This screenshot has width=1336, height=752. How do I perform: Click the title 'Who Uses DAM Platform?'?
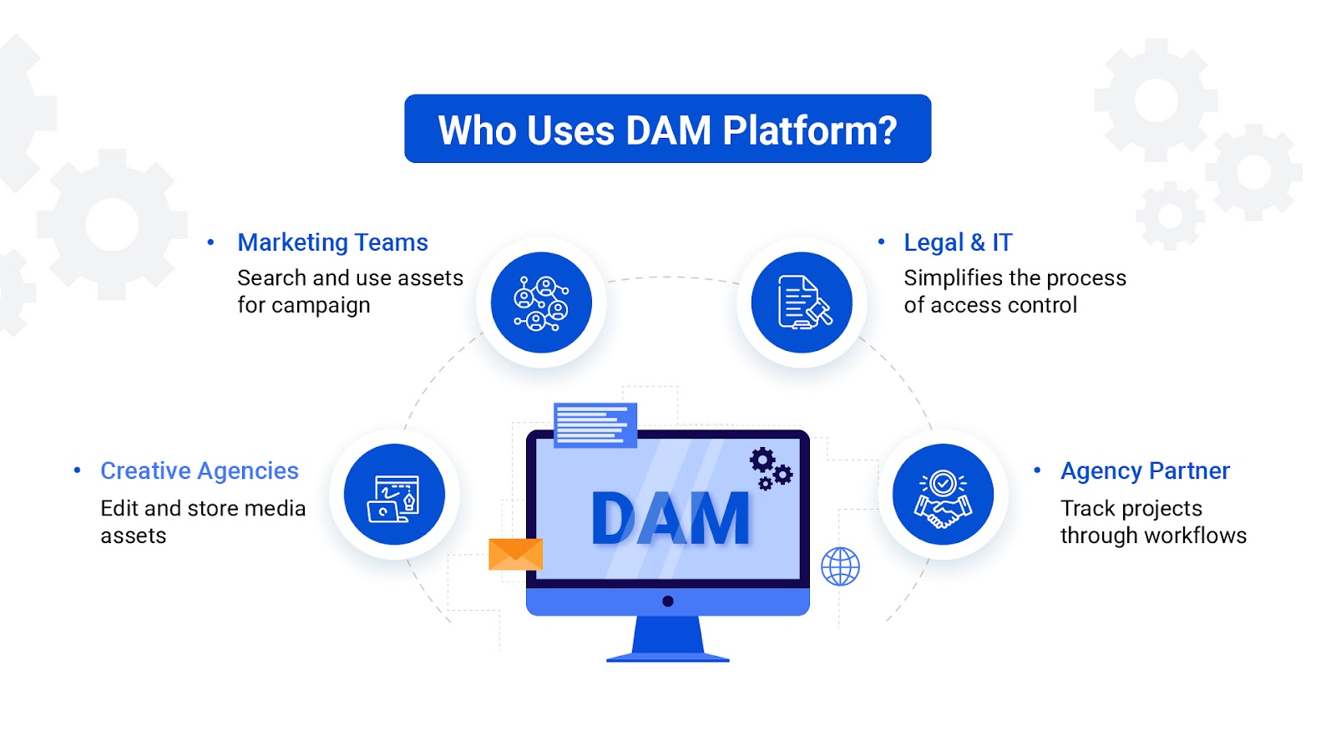coord(667,130)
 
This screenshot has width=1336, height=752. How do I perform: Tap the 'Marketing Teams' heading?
coord(332,242)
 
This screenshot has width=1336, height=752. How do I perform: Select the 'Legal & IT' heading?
coord(958,242)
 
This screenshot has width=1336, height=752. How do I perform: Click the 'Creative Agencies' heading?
coord(200,471)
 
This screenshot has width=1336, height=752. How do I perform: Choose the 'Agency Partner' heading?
coord(1145,471)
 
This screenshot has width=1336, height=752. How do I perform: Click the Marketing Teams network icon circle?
coord(541,302)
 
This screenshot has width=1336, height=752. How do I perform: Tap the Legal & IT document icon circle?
coord(802,302)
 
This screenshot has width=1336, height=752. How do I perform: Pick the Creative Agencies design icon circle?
coord(394,495)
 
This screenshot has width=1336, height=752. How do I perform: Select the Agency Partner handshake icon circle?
coord(943,495)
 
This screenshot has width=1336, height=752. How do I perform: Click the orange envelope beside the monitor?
coord(515,554)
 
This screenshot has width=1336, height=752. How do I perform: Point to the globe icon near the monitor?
coord(840,567)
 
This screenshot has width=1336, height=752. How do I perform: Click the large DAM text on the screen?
coord(670,519)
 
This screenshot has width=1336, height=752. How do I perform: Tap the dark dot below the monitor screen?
coord(668,601)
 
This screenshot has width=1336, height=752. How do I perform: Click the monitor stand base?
coord(668,657)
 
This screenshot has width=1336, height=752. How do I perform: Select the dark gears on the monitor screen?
coord(770,469)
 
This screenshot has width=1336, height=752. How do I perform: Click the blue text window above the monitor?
coord(595,424)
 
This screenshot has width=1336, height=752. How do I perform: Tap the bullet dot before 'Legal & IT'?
coord(881,242)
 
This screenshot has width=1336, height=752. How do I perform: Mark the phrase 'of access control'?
coord(990,306)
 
